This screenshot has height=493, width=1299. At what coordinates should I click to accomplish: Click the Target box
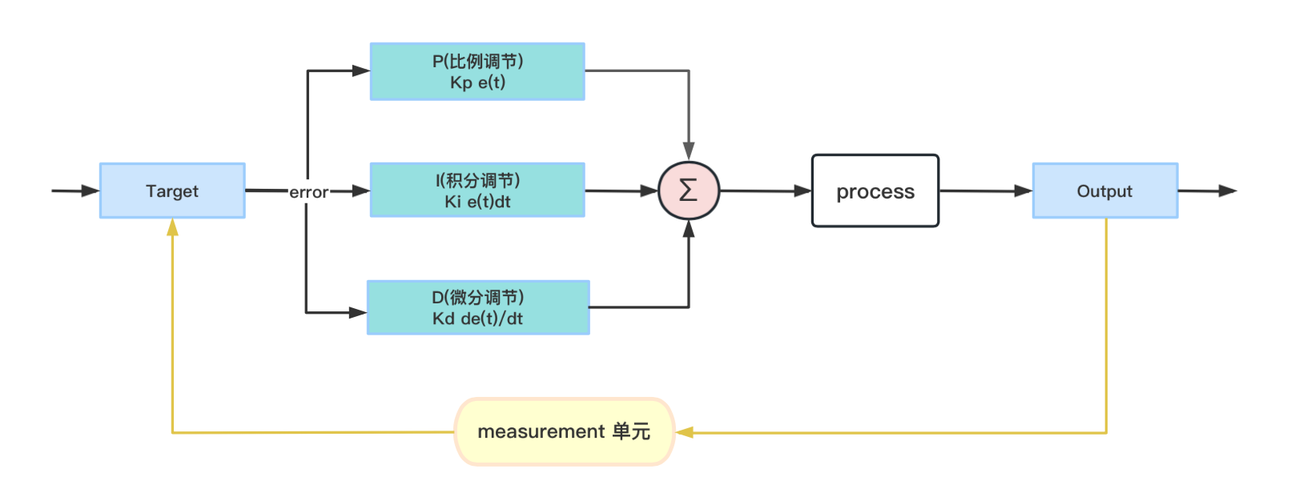(x=172, y=190)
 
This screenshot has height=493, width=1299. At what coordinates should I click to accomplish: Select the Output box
(x=1104, y=190)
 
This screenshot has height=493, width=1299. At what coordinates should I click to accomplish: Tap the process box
(x=875, y=191)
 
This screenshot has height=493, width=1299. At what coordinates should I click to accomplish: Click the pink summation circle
(x=689, y=190)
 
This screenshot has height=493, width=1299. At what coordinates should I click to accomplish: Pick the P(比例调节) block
(x=477, y=71)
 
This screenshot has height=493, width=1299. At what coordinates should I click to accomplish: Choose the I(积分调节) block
(x=477, y=190)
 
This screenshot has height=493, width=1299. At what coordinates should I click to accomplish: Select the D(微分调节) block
(x=478, y=307)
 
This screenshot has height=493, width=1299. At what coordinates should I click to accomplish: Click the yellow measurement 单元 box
(x=565, y=431)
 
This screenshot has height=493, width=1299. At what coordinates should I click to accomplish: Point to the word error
(x=308, y=192)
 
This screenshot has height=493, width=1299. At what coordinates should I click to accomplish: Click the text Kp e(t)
(x=477, y=82)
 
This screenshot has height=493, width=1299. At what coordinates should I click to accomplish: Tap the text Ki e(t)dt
(x=477, y=202)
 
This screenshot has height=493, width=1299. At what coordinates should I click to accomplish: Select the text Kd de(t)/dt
(x=477, y=319)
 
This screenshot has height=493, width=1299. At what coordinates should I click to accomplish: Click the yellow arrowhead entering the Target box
(x=172, y=228)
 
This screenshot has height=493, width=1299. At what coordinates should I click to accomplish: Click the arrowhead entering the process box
(x=802, y=191)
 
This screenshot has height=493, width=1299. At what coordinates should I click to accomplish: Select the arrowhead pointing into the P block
(x=360, y=70)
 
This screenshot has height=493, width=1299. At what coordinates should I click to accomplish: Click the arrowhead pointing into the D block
(x=358, y=312)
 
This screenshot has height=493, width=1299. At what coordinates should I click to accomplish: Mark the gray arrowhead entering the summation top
(x=689, y=151)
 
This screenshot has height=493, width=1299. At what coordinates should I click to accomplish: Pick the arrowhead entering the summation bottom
(x=689, y=230)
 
